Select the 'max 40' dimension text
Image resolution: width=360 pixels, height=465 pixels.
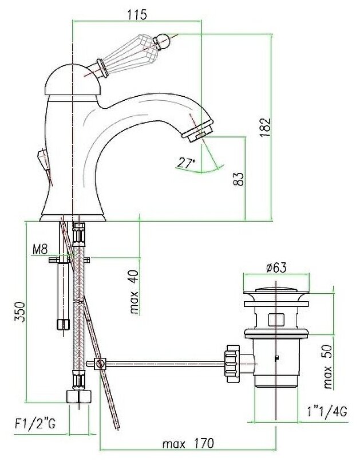tap(134, 293)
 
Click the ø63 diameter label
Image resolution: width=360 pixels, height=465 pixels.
tap(276, 268)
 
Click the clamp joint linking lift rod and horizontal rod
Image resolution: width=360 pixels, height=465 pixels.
tap(100, 364)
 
